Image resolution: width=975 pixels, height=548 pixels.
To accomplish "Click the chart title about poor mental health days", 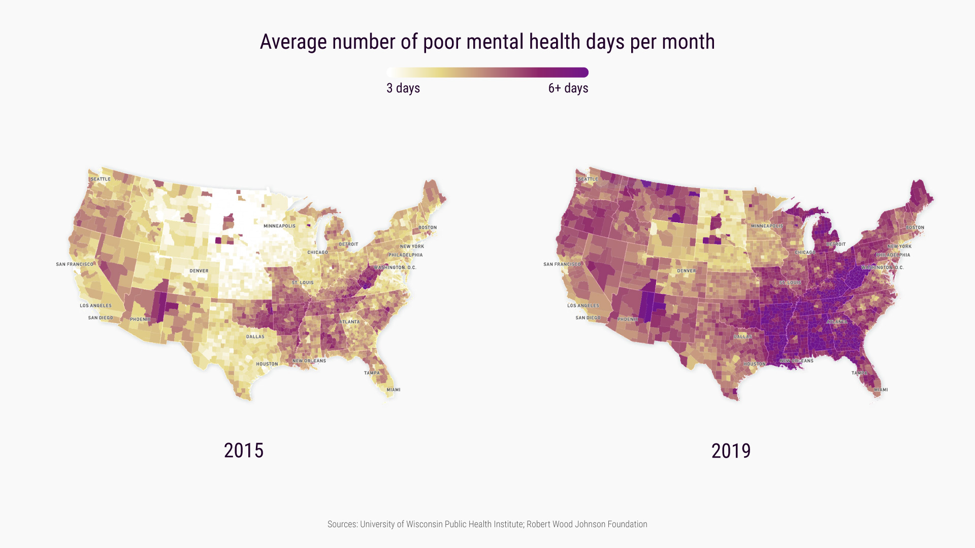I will [487, 42].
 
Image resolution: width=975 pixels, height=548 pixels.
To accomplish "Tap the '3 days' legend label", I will [403, 88].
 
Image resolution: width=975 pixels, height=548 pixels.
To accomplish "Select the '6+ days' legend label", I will [568, 88].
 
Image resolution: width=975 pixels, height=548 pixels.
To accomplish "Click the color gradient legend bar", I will [487, 73].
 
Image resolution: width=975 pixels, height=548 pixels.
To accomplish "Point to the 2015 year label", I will [244, 451].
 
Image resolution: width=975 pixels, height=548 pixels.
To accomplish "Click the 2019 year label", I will [731, 451].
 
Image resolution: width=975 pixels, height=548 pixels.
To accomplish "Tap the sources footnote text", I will [487, 524].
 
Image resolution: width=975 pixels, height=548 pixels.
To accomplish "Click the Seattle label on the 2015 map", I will [101, 179].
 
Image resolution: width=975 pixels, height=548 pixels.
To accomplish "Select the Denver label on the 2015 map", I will [199, 271].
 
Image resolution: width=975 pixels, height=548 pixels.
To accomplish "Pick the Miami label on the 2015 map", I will [394, 390].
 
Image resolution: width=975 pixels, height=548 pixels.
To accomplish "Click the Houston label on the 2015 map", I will [267, 364].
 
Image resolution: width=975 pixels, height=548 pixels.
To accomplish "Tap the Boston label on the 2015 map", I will [428, 227].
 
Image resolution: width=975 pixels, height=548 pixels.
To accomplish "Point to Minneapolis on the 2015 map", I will [279, 226].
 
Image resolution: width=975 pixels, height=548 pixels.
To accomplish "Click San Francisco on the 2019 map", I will [562, 264].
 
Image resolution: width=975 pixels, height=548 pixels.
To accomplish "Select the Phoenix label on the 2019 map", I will [628, 319].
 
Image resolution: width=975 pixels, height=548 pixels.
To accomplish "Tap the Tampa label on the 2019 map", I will [859, 373].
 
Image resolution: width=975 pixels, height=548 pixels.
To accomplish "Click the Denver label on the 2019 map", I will [687, 271].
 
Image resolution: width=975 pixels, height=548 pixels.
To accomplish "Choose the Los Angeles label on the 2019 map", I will [583, 305].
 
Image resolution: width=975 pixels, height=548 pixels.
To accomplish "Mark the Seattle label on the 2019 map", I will [588, 179].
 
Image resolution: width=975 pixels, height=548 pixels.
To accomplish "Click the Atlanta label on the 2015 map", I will [349, 322].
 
